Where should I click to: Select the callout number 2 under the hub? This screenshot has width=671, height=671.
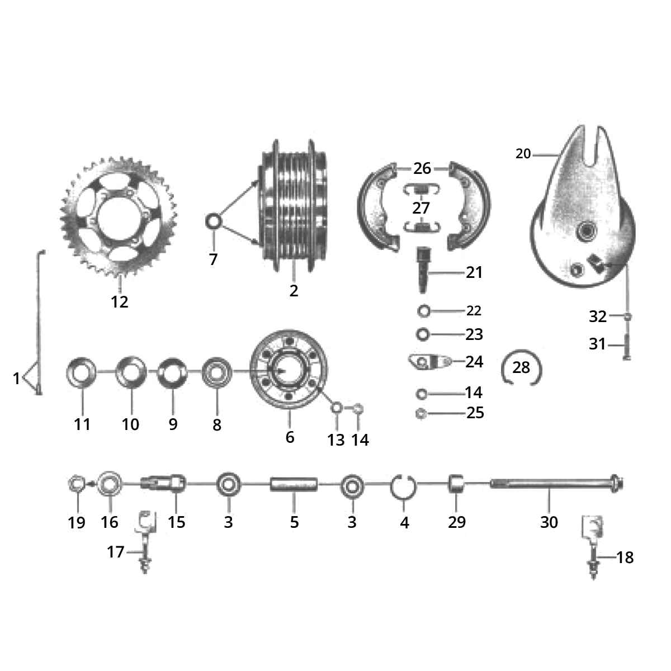[x=294, y=291]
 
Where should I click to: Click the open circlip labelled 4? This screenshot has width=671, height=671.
[x=403, y=486]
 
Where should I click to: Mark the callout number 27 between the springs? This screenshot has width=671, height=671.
[x=421, y=208]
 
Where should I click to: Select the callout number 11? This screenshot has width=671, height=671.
[x=82, y=424]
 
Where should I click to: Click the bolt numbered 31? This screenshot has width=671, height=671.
[x=626, y=346]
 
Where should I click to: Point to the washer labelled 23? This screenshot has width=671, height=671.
[x=423, y=334]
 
